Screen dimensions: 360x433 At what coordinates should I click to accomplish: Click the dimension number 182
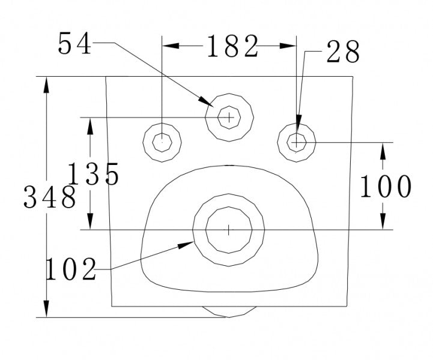click(x=232, y=46)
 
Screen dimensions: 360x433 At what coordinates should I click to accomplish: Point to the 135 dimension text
click(x=93, y=175)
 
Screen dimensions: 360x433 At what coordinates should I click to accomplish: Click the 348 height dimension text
click(x=50, y=197)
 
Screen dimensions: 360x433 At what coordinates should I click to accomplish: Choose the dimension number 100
click(x=386, y=187)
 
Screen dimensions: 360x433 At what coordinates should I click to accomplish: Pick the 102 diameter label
click(x=71, y=269)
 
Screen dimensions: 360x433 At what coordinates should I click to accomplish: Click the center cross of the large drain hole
click(x=229, y=229)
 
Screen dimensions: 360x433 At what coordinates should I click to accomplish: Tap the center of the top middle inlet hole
click(x=229, y=117)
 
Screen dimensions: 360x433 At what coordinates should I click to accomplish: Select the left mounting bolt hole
click(x=162, y=142)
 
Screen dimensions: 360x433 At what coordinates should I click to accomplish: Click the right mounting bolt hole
click(x=297, y=142)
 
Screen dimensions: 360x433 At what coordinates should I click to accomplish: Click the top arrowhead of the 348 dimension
click(x=46, y=82)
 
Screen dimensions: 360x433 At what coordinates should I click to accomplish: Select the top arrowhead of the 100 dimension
click(x=383, y=147)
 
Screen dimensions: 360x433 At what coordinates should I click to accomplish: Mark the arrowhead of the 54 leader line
click(x=210, y=103)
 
